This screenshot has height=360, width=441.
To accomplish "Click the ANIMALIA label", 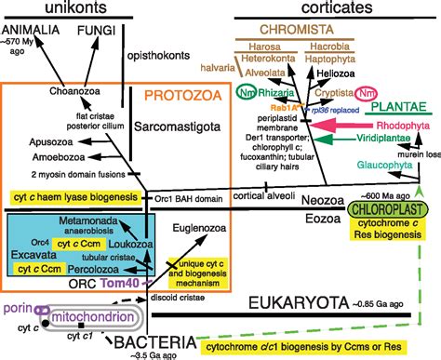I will pyautogui.click(x=34, y=31).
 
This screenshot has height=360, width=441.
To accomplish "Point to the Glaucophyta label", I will pyautogui.click(x=391, y=169).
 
